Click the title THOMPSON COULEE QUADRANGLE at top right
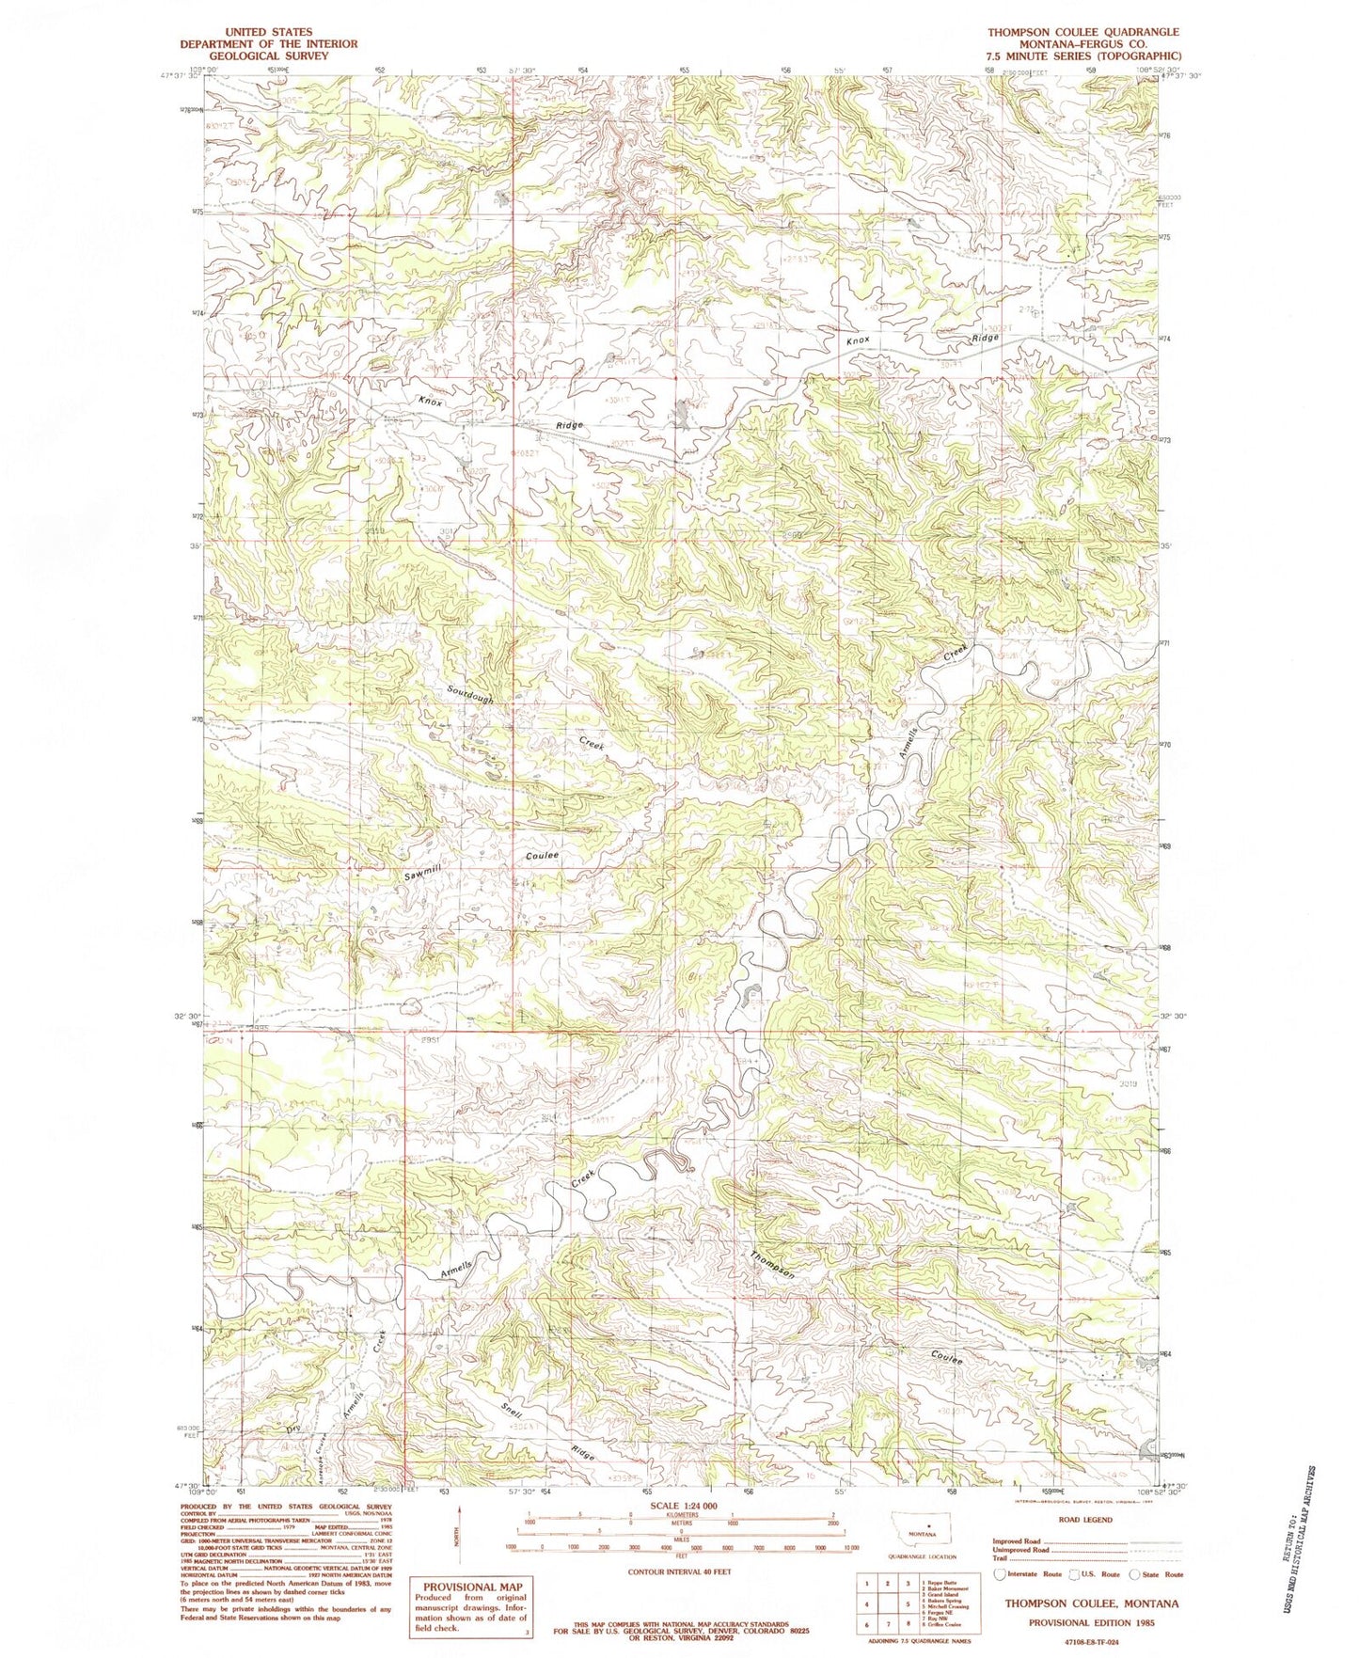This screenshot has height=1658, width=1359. (x=1082, y=32)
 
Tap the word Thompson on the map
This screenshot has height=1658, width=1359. (x=774, y=1265)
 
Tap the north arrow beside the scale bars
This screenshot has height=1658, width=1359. (x=462, y=1529)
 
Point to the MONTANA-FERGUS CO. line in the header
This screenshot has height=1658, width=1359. (x=1082, y=44)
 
